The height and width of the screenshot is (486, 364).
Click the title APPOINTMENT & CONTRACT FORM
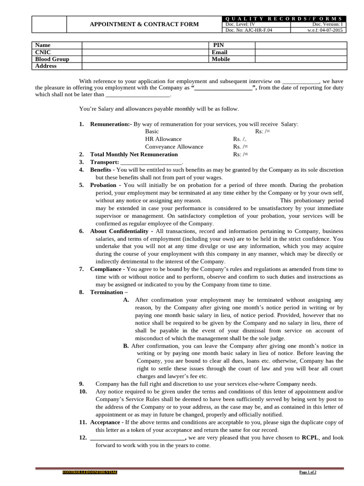tap(145, 24)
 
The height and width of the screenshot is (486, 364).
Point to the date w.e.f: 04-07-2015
tap(325, 30)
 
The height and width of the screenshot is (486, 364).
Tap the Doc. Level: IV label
tap(240, 24)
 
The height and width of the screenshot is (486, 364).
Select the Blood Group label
tap(52, 59)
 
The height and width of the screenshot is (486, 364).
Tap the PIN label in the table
tap(218, 45)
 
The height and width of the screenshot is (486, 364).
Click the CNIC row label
tap(43, 52)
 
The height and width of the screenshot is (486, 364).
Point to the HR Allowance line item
tap(163, 139)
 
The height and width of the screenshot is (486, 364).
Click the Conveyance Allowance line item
tap(174, 147)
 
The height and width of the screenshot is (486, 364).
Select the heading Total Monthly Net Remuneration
tap(134, 154)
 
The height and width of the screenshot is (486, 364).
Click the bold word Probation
tap(103, 185)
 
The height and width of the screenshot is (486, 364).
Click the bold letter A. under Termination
tap(126, 300)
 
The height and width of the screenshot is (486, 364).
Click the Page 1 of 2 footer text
tap(308, 472)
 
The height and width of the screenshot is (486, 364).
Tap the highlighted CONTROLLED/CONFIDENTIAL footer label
tap(90, 472)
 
